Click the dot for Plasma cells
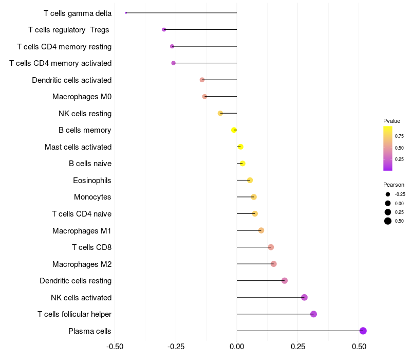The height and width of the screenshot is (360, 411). (x=363, y=331)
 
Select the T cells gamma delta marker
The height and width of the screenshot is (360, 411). (x=126, y=13)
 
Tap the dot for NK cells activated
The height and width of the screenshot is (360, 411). (x=304, y=297)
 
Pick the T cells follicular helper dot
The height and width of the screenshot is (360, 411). (x=313, y=314)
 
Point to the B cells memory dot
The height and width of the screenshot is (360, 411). (x=234, y=130)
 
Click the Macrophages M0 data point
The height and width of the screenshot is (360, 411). (x=204, y=97)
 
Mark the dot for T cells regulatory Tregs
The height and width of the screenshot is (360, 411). (x=164, y=30)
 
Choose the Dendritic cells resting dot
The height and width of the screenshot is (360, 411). (x=285, y=281)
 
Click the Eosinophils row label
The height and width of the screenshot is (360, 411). (x=92, y=181)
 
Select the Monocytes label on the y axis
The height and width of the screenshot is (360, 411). (x=92, y=197)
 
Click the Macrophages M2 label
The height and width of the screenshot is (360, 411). (x=82, y=264)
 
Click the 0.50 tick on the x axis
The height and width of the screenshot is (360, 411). (x=359, y=347)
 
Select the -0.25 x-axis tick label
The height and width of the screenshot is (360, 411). (x=175, y=347)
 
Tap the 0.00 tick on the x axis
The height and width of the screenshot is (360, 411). (x=237, y=347)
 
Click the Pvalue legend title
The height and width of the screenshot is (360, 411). (x=391, y=121)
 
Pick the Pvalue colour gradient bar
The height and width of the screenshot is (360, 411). (x=388, y=148)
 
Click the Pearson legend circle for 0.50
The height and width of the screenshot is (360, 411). (x=388, y=221)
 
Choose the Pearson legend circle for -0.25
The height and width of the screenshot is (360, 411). (x=388, y=194)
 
